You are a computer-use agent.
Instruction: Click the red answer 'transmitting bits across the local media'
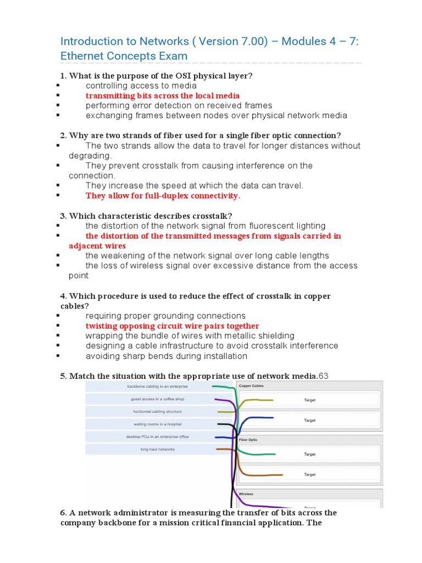[x=162, y=96]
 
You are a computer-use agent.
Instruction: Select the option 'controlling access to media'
[x=141, y=86]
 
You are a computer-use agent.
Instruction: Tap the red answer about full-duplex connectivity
[x=163, y=196]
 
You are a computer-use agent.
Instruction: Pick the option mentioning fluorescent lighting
[x=206, y=226]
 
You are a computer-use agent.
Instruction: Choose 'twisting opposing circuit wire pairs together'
[x=172, y=326]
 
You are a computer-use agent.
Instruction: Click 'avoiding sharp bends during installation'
[x=166, y=356]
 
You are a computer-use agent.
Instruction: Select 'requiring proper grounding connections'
[x=165, y=316]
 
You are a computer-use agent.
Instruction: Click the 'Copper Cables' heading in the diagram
[x=251, y=386]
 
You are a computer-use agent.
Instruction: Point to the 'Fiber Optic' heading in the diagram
[x=248, y=440]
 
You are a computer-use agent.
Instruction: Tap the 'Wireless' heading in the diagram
[x=246, y=494]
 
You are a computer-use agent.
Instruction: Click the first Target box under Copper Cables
[x=309, y=400]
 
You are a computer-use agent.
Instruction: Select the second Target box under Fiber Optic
[x=309, y=474]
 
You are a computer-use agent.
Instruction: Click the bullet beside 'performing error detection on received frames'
[x=58, y=106]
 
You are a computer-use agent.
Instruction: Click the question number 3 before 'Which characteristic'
[x=63, y=216]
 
